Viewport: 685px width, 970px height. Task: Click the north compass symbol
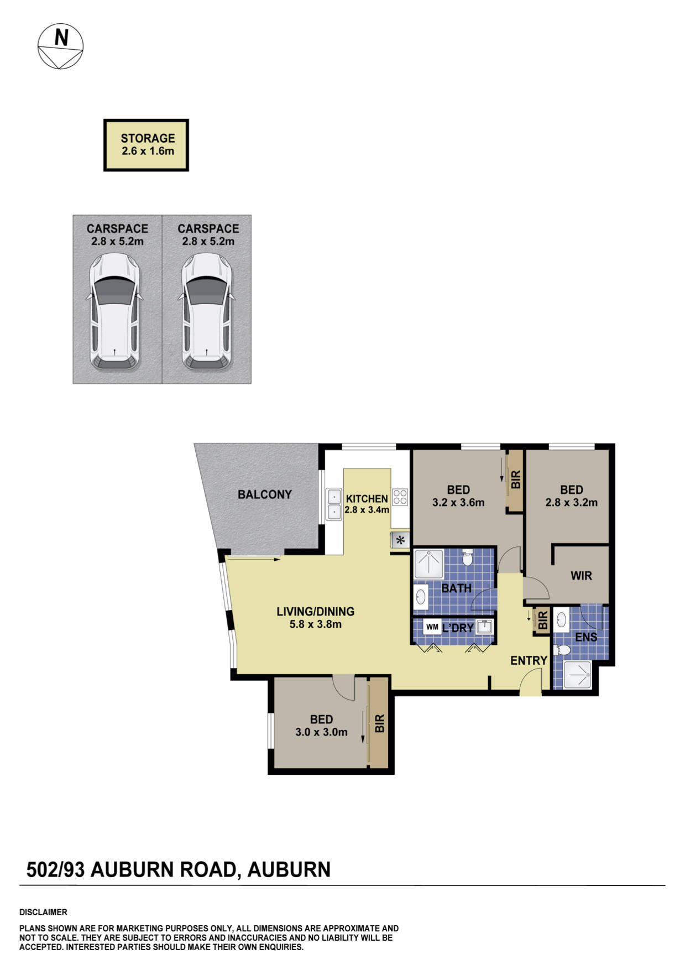pyautogui.click(x=60, y=46)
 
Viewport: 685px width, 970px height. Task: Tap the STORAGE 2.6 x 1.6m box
pyautogui.click(x=147, y=145)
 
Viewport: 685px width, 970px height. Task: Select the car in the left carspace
pyautogui.click(x=114, y=311)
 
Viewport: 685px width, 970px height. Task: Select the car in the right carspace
pyautogui.click(x=207, y=311)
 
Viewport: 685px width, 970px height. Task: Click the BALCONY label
pyautogui.click(x=264, y=494)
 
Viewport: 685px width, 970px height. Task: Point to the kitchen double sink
pyautogui.click(x=334, y=504)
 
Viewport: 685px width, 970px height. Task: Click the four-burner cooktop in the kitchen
pyautogui.click(x=400, y=497)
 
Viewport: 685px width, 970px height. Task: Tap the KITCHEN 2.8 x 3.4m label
pyautogui.click(x=367, y=504)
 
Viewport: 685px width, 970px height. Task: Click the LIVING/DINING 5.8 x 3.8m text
pyautogui.click(x=315, y=617)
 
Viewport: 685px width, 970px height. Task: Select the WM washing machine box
pyautogui.click(x=432, y=627)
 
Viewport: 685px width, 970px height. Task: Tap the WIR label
pyautogui.click(x=581, y=576)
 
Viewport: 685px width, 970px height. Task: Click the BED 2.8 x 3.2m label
pyautogui.click(x=571, y=496)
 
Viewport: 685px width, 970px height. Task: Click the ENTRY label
pyautogui.click(x=529, y=660)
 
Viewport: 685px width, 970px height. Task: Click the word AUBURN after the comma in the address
pyautogui.click(x=289, y=870)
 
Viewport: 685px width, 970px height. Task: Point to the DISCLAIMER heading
pyautogui.click(x=43, y=912)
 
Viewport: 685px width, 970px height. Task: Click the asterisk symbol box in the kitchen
pyautogui.click(x=400, y=540)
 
